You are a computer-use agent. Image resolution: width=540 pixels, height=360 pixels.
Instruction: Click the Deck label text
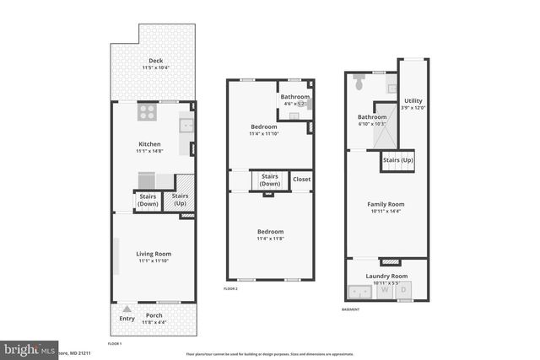pyautogui.click(x=155, y=60)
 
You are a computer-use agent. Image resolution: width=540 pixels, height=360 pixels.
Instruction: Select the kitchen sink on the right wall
pyautogui.click(x=186, y=126)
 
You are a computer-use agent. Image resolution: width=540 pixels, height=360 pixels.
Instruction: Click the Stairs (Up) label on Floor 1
pyautogui.click(x=180, y=201)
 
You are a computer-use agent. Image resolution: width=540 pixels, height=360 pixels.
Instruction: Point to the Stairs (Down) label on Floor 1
pyautogui.click(x=148, y=201)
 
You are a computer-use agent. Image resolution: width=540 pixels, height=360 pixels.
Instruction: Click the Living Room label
pyautogui.click(x=154, y=254)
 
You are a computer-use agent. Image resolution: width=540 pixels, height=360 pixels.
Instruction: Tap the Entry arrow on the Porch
pyautogui.click(x=127, y=309)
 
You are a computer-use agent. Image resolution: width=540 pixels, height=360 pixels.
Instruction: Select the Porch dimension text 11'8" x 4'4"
pyautogui.click(x=154, y=322)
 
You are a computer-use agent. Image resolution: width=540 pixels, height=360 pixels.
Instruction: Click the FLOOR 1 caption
pyautogui.click(x=115, y=344)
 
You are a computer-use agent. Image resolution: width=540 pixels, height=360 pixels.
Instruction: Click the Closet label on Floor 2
pyautogui.click(x=301, y=179)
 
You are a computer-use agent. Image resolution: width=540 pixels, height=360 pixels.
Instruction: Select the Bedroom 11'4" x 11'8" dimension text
pyautogui.click(x=270, y=239)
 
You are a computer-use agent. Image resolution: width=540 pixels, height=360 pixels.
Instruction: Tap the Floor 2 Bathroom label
pyautogui.click(x=295, y=97)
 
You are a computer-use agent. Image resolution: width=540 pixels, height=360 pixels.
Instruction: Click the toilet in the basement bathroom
pyautogui.click(x=359, y=84)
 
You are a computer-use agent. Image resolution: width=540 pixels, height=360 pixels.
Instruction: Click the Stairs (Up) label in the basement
pyautogui.click(x=397, y=159)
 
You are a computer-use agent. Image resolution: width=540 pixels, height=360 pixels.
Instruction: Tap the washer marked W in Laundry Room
pyautogui.click(x=385, y=290)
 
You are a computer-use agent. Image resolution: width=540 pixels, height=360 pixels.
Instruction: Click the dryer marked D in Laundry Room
pyautogui.click(x=403, y=290)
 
